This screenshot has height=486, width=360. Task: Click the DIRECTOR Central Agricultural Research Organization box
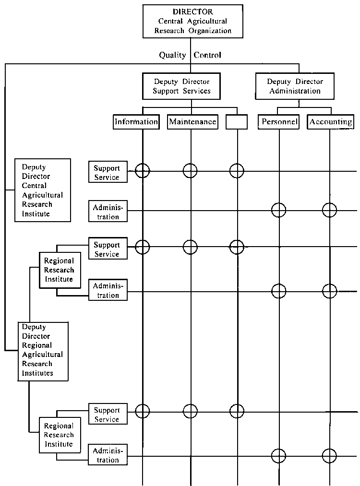pos(192,21)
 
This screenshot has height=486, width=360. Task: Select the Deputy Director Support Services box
pos(182,86)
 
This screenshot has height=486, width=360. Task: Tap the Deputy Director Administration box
pos(295,86)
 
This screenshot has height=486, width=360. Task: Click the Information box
pos(136,122)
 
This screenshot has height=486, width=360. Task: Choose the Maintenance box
pos(192,122)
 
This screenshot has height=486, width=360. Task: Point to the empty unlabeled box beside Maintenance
pos(237,122)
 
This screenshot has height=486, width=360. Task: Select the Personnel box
pos(280,122)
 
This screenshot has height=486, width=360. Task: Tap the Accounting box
pos(331,122)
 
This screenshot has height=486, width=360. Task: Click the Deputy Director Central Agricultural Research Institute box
pos(43,190)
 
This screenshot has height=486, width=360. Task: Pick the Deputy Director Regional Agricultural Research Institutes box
pos(43,351)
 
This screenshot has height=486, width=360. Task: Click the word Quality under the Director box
pos(172,55)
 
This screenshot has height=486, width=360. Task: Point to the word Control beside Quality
pos(208,55)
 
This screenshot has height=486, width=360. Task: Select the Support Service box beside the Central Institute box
pos(108,173)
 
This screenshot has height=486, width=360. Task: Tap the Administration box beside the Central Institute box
pos(108,212)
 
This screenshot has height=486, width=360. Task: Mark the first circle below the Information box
pos(143,170)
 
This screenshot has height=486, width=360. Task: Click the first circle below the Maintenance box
pos(191,170)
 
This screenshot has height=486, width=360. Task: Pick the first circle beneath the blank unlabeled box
pos(237,170)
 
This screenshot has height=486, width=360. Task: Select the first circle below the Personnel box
pos(278,210)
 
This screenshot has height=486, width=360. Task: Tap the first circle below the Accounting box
pos(329,210)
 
